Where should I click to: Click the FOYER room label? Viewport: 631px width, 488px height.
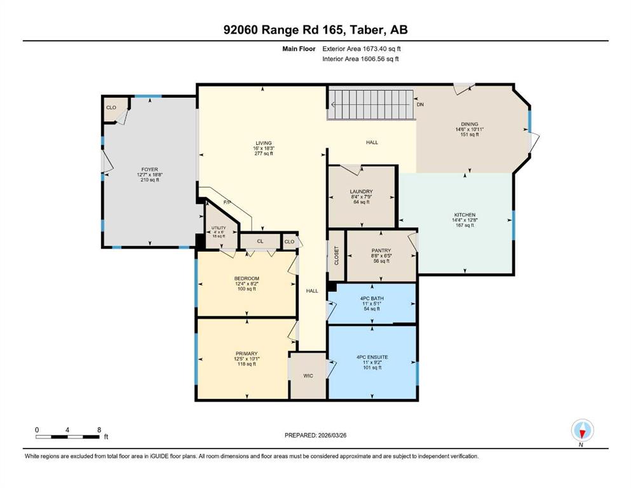[x=150, y=170]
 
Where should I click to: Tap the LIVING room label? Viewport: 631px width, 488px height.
[x=264, y=143]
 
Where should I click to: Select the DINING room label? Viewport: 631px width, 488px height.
[x=470, y=125]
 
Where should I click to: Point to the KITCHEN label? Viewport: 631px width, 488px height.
[x=465, y=215]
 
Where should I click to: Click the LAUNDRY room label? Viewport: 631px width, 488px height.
[x=362, y=191]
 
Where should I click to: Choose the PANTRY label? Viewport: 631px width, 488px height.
[x=381, y=250]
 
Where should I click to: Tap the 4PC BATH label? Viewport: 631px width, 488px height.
[x=372, y=298]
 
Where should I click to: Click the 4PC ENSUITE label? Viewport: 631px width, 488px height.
[x=372, y=357]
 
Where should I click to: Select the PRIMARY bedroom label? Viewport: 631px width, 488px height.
[x=247, y=354]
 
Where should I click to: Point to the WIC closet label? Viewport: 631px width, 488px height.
[x=308, y=376]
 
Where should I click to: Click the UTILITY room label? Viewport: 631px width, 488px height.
[x=219, y=227]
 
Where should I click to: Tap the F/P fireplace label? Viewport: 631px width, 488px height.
[x=227, y=202]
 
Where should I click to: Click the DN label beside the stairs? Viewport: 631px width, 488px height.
[x=420, y=104]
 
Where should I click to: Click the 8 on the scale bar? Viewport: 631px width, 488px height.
[x=99, y=430]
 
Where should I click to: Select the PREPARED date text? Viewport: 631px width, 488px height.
[x=315, y=435]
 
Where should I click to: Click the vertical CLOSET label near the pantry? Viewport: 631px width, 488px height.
[x=337, y=255]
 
